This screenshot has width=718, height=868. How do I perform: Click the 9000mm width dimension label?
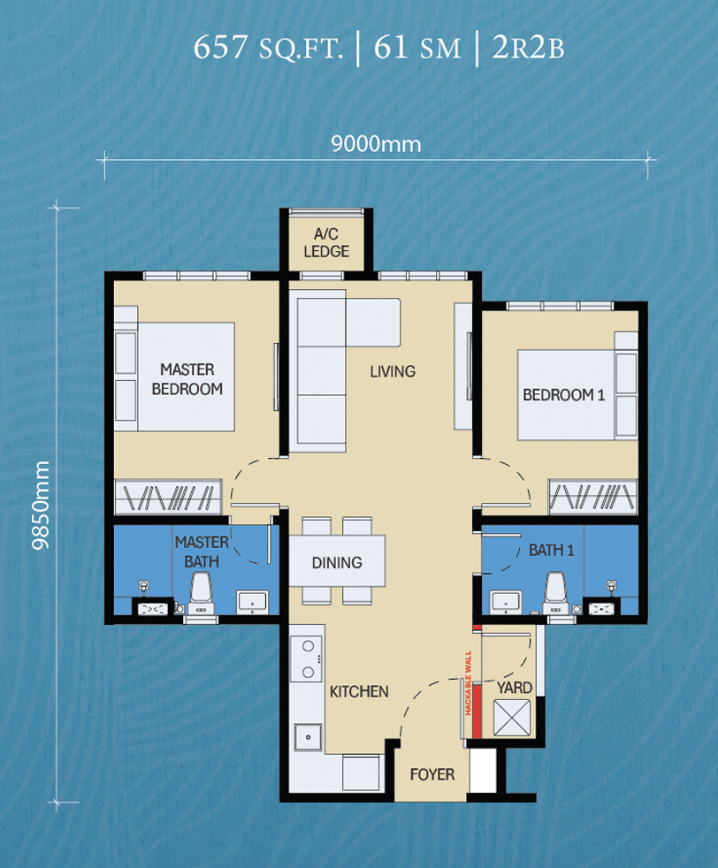pos(376,144)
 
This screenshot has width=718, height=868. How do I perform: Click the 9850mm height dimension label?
pos(41,506)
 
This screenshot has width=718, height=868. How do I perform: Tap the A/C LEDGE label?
pos(326,242)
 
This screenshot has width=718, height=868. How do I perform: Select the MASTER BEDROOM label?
pos(187,379)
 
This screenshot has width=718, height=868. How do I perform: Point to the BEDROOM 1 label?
pos(563,395)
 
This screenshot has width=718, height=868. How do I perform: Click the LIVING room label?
pos(393,371)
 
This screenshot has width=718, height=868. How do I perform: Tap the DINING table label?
pos(337,562)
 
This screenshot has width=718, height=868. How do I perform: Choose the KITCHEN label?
pos(359,691)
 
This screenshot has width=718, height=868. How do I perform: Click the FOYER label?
pos(432,774)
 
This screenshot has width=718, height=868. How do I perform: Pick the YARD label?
pos(515,688)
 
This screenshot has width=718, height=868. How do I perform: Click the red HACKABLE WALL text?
pos(469,683)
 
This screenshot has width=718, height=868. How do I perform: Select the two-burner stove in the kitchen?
pos(307,659)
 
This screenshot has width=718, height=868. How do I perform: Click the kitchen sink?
pos(308,737)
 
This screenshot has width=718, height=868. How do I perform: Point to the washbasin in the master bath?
pos(252,602)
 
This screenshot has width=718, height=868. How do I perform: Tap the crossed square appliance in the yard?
pos(511,718)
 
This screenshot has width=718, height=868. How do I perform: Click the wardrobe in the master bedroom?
pos(168,497)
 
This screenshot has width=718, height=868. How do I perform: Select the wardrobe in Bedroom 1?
pos(593,496)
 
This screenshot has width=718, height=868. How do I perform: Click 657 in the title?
pos(220,47)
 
